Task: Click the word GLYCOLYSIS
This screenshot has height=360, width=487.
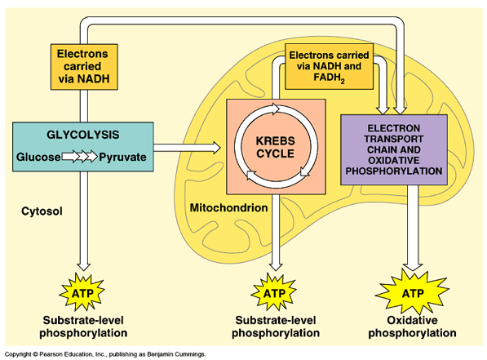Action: [x=83, y=135]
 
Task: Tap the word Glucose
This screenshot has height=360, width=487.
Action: [x=38, y=157]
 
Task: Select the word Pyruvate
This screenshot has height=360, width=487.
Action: [x=122, y=158]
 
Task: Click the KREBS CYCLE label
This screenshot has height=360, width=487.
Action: [x=276, y=147]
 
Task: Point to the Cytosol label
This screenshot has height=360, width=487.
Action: [x=42, y=211]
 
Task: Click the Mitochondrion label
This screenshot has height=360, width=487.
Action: [x=229, y=207]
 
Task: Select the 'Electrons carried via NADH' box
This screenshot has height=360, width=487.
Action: [x=84, y=67]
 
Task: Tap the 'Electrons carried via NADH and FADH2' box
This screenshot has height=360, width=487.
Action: [x=330, y=66]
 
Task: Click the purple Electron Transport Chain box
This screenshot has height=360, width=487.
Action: [x=394, y=149]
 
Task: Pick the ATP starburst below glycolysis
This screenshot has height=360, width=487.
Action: [x=82, y=292]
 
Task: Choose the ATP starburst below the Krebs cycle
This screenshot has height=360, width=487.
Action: [x=274, y=292]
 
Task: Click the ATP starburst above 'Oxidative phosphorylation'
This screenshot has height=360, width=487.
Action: [x=413, y=292]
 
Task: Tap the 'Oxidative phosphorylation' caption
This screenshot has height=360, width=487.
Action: [x=412, y=327]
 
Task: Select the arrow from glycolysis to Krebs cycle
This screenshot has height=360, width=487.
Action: [x=187, y=148]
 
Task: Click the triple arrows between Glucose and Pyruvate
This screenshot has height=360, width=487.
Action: [x=80, y=156]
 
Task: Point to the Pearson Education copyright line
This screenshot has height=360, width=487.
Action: [x=105, y=354]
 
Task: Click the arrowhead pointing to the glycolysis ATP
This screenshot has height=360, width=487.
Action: [x=84, y=267]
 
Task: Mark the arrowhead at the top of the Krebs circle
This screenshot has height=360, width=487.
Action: [x=276, y=109]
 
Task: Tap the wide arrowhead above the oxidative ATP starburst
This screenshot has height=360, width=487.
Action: [x=413, y=266]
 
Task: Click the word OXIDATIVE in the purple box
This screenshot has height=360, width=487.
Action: [x=394, y=161]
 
